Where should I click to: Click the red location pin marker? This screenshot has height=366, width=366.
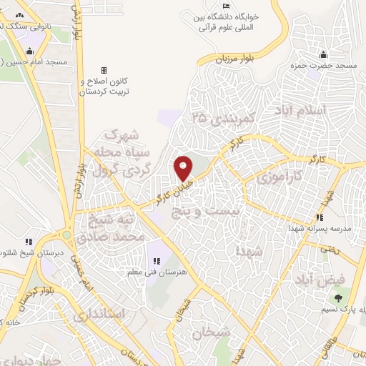click(184, 167)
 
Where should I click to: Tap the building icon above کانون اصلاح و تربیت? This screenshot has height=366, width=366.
click(104, 70)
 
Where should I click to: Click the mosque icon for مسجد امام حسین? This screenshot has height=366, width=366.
click(28, 51)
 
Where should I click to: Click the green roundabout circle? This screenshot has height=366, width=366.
click(66, 234)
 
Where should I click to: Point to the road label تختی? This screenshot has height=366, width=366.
click(327, 248)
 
